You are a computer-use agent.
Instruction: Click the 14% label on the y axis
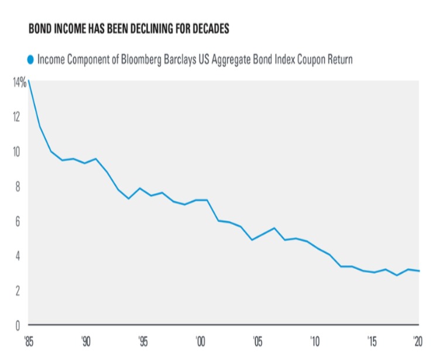pyautogui.click(x=19, y=83)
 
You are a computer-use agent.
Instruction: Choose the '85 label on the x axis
pyautogui.click(x=29, y=340)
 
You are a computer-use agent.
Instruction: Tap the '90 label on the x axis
pyautogui.click(x=85, y=340)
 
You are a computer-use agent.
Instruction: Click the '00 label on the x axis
pyautogui.click(x=200, y=340)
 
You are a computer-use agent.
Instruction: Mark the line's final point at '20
pyautogui.click(x=418, y=270)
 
